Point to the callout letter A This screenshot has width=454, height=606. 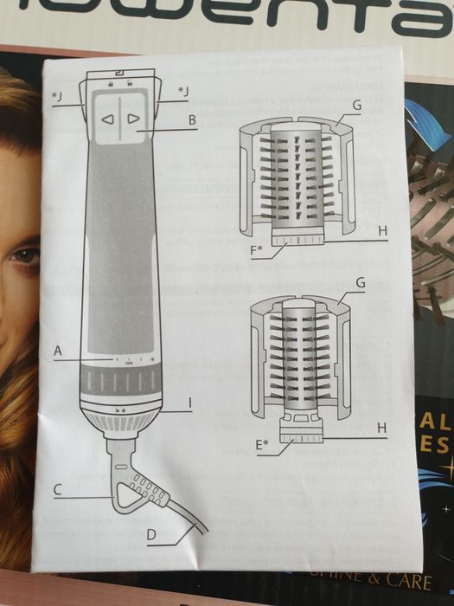(x=58, y=351)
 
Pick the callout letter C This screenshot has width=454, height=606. (x=57, y=489)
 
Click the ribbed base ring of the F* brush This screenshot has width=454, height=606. (x=297, y=240)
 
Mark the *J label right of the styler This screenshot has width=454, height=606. (x=183, y=89)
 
